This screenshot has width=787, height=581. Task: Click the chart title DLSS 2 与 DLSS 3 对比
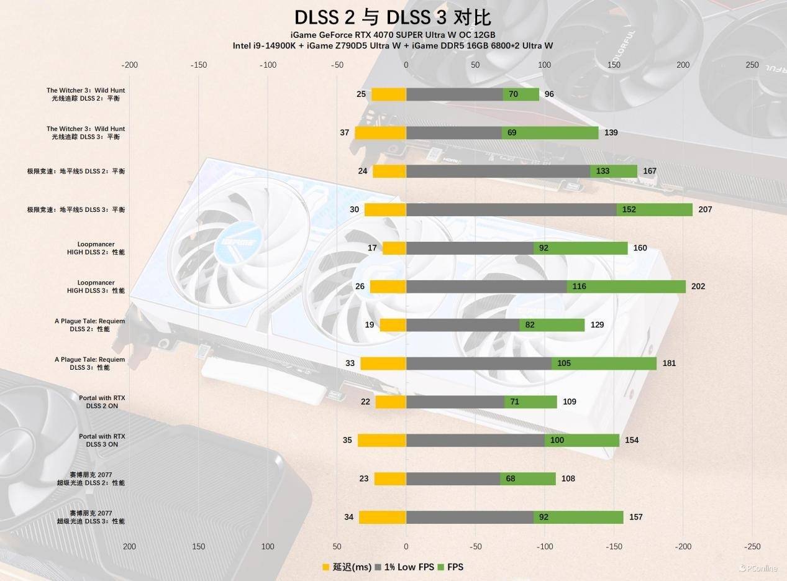point(393,17)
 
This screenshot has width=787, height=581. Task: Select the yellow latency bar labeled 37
point(380,133)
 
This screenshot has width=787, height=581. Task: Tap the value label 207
point(705,209)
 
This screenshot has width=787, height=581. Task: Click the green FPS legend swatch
point(442,567)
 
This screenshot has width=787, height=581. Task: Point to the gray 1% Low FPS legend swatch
point(378,567)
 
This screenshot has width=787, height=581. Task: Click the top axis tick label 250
point(752,65)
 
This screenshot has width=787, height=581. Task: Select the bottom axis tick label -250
point(752,547)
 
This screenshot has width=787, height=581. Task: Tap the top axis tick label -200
point(129,65)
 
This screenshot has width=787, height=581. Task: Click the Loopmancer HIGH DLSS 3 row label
point(96,286)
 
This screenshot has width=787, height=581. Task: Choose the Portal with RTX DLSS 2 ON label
point(102,402)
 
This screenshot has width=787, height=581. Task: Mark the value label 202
point(698,286)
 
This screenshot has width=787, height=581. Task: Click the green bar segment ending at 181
point(604,364)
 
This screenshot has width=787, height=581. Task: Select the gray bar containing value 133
point(498,172)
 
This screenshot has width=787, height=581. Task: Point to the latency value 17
point(372,248)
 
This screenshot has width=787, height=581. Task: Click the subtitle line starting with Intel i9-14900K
point(393,45)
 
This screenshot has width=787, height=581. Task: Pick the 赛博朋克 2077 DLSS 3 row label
point(91,517)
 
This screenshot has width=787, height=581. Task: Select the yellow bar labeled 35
point(382,441)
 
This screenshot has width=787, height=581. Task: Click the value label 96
point(549,94)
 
